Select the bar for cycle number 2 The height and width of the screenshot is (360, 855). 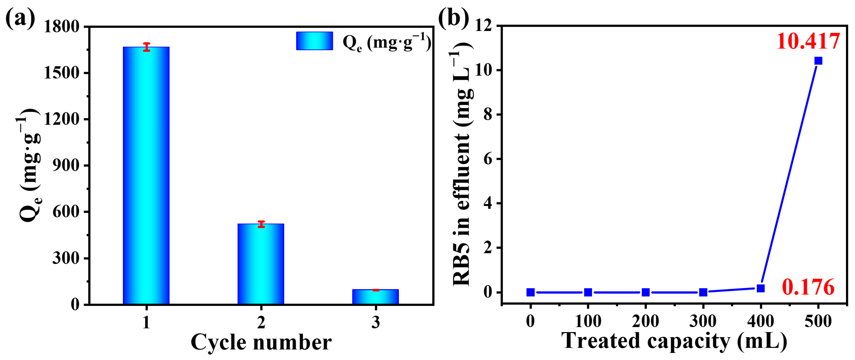point(261,264)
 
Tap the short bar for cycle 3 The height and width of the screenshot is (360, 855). point(375,297)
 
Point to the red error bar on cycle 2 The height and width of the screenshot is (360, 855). point(261,224)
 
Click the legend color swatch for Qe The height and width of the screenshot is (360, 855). point(314,41)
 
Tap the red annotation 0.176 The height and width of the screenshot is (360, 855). point(808,287)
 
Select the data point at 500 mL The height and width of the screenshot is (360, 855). point(818,61)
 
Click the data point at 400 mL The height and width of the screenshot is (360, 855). point(761,288)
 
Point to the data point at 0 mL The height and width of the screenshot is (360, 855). point(530,292)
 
